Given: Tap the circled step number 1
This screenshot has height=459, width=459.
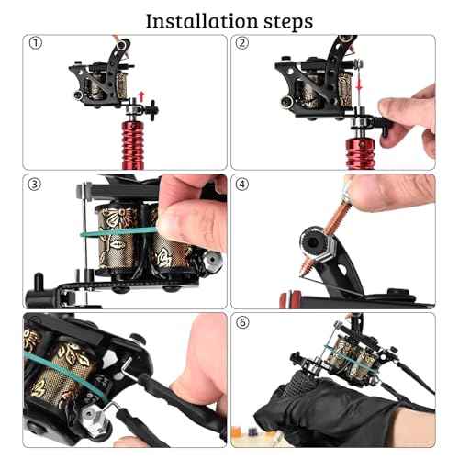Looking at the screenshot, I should click(35, 43).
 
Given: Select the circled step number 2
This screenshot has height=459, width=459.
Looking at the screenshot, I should click(242, 43).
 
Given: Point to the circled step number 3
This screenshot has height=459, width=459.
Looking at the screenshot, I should click(35, 183).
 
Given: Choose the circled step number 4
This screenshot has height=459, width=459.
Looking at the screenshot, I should click(242, 183).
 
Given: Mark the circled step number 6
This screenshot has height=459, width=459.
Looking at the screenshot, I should click(242, 323).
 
